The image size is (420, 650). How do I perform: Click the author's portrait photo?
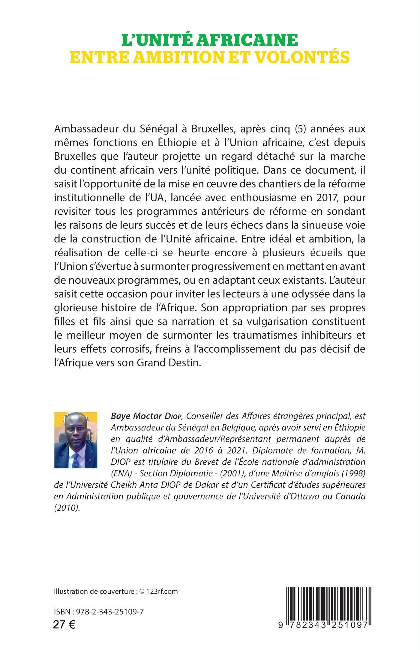coord(76,440)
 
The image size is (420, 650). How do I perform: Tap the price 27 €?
coord(64,632)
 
